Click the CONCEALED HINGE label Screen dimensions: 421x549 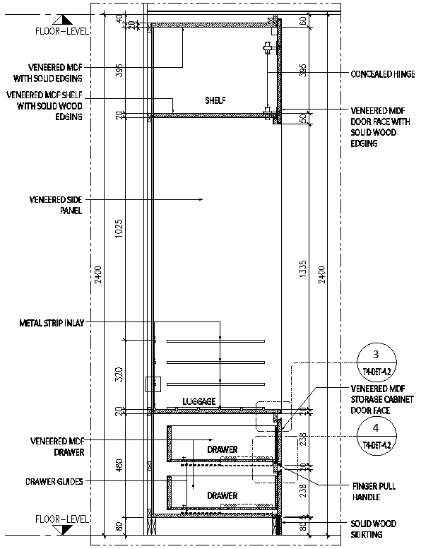pos(383,74)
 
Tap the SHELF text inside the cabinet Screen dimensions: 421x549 pos(215,100)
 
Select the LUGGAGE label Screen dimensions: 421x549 pos(198,401)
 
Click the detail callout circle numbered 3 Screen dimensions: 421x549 pos(376,362)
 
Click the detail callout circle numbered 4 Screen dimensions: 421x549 pos(376,435)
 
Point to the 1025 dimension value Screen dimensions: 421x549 pos(119,230)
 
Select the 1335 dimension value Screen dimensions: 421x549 pos(303,269)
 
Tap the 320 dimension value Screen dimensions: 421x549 pos(119,374)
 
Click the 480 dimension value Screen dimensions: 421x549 pos(119,466)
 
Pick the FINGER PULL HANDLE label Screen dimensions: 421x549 pos(374,491)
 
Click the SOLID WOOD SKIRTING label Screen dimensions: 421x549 pos(373,529)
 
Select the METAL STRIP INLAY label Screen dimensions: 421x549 pos(52,323)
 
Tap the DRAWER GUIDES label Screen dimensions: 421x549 pos(54,481)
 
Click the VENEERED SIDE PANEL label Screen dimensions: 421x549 pos(56,205)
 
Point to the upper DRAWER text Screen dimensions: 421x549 pos(223,449)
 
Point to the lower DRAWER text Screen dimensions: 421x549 pos(223,495)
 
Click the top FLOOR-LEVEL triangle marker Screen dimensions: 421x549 pos(64,20)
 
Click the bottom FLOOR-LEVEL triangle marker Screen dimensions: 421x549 pos(64,530)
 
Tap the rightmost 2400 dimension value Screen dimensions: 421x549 pos(321,274)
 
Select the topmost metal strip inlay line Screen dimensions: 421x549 pos(215,341)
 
